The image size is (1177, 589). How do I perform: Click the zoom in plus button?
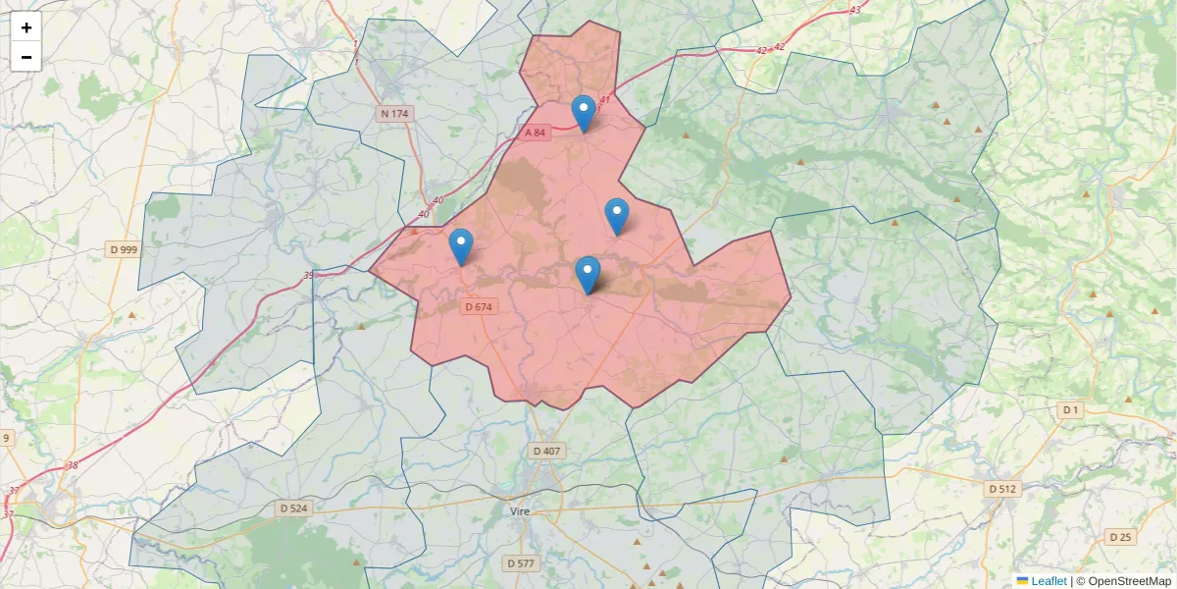26,27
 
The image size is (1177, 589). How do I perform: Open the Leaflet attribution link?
1049,581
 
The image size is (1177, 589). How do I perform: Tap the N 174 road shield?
394,114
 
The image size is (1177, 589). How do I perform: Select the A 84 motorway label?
535,133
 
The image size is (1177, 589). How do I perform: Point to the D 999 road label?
124,249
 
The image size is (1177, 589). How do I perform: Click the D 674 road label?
479,306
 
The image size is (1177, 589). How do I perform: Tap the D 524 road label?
293,509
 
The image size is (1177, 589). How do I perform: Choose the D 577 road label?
522,563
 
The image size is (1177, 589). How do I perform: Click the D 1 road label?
1070,409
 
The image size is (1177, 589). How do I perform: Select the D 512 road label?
1002,488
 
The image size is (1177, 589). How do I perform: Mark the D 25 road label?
1120,537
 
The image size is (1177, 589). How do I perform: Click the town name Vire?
520,511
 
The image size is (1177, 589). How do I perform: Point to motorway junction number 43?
855,10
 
